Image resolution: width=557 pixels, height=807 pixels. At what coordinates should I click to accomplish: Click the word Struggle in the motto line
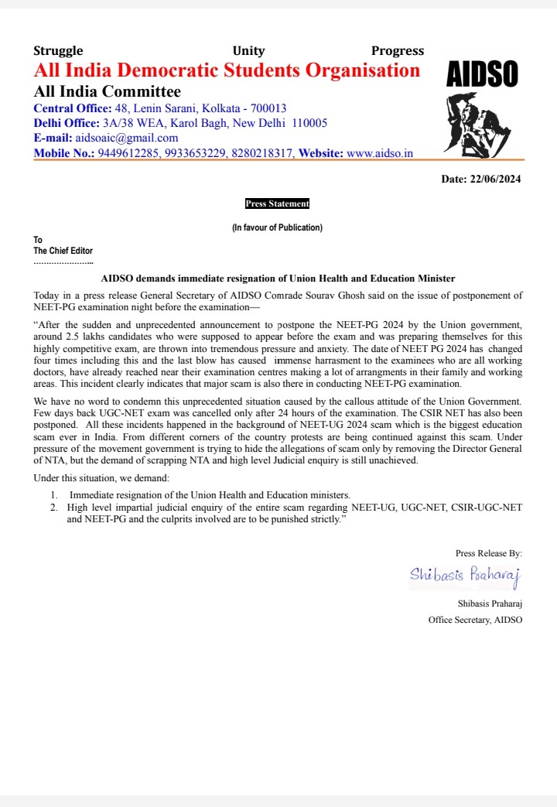[x=58, y=51]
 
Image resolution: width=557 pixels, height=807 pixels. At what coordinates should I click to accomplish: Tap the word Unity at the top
[x=248, y=51]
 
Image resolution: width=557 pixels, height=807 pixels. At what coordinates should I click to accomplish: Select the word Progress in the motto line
[x=398, y=51]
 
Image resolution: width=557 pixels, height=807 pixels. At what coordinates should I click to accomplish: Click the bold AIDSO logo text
[x=483, y=75]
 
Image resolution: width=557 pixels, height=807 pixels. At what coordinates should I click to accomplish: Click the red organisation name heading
[x=227, y=71]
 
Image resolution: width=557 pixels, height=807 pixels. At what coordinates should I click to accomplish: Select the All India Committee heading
[x=107, y=92]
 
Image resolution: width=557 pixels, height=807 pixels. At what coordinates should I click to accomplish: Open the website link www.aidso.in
[x=379, y=153]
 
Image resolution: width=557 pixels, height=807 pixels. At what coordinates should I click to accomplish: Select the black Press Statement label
[x=277, y=204]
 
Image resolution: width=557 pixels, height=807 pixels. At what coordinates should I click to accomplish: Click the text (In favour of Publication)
[x=277, y=227]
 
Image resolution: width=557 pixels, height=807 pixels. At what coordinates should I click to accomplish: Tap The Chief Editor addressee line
[x=63, y=251]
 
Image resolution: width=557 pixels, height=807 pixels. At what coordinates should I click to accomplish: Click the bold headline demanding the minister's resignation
[x=278, y=278]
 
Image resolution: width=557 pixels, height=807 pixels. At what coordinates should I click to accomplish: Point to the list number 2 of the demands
[x=54, y=508]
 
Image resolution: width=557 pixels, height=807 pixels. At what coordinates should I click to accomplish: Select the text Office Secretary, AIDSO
[x=475, y=620]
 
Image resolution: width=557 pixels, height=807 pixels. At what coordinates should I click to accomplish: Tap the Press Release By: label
[x=489, y=553]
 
